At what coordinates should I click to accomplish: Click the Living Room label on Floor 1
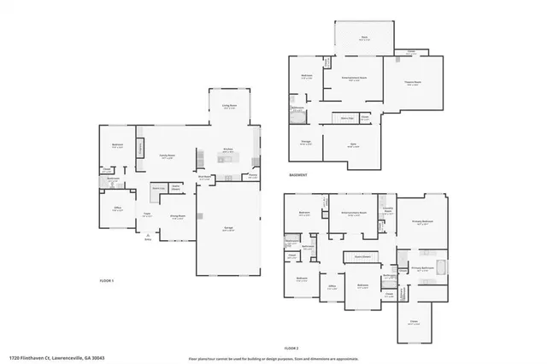(229, 107)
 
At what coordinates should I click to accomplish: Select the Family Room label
(168, 156)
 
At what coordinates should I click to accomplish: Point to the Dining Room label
(179, 217)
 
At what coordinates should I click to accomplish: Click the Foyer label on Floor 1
(147, 215)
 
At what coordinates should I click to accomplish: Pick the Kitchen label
(229, 150)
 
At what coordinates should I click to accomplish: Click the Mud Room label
(205, 177)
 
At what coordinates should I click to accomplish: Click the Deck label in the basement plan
(364, 38)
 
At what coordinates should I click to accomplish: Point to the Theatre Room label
(413, 83)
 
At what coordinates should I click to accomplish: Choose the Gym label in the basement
(353, 146)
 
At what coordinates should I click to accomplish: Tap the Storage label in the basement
(305, 144)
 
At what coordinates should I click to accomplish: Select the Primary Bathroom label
(424, 267)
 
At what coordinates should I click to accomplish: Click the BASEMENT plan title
(297, 175)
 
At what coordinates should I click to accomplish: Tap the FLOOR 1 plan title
(106, 280)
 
